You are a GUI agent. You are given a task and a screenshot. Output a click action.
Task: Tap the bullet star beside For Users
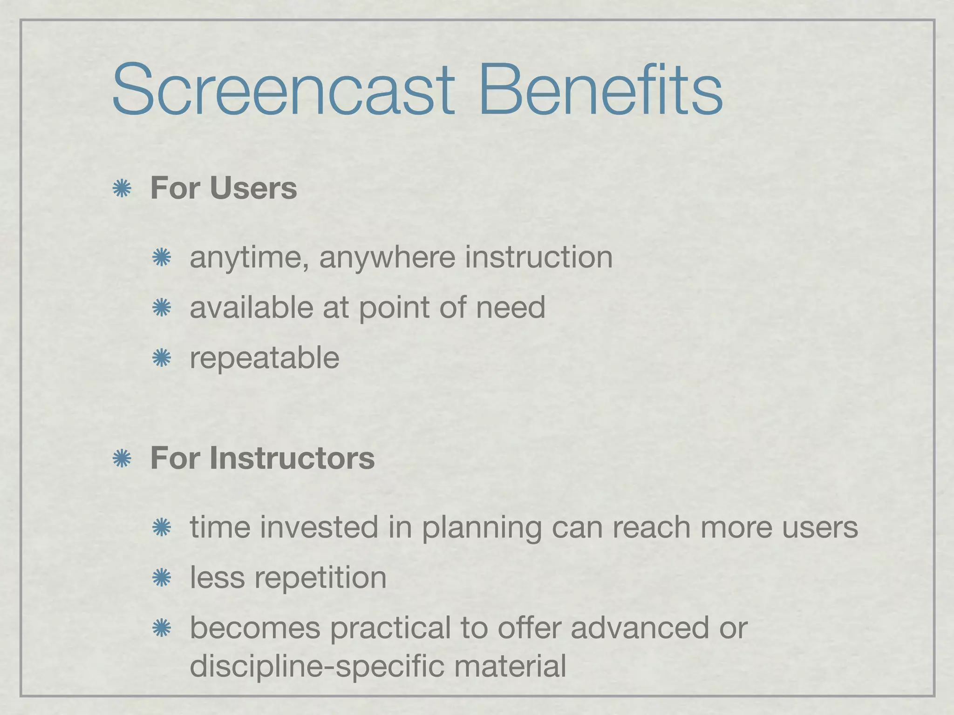click(122, 189)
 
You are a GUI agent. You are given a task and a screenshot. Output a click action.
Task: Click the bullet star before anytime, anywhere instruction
click(162, 257)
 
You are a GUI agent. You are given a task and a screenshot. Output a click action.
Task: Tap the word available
click(252, 307)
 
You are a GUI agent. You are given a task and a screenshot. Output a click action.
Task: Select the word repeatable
click(265, 358)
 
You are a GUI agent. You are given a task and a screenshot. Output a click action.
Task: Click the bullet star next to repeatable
click(162, 358)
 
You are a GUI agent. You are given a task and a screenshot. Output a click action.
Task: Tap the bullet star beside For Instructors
click(122, 459)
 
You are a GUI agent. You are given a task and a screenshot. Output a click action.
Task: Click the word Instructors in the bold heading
click(292, 458)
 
